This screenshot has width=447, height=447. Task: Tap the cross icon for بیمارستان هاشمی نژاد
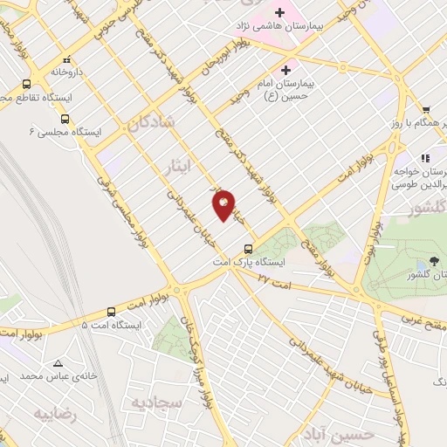pyautogui.click(x=279, y=12)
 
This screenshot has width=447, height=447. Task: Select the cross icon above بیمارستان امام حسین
pyautogui.click(x=285, y=69)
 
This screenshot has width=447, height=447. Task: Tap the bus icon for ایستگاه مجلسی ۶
pyautogui.click(x=65, y=119)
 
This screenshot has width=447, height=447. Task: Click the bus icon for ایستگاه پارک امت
pyautogui.click(x=249, y=248)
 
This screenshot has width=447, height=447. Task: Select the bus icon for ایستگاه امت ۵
pyautogui.click(x=112, y=312)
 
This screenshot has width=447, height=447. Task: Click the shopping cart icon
pyautogui.click(x=425, y=110)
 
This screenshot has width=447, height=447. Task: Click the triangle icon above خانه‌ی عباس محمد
pyautogui.click(x=58, y=362)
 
